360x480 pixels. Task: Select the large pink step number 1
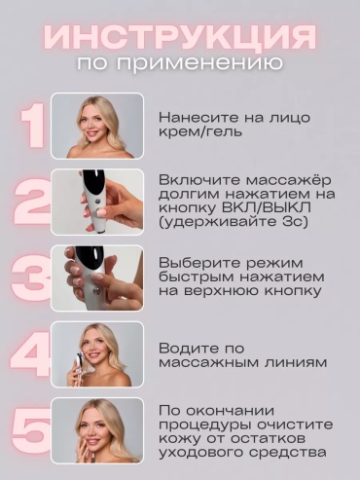[33, 126]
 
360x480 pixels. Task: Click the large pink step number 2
[32, 202]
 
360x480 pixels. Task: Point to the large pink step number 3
[31, 278]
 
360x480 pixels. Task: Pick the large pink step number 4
[31, 354]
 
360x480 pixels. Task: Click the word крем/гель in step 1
[200, 132]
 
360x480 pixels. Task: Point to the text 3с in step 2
[291, 222]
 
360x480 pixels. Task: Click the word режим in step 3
[273, 264]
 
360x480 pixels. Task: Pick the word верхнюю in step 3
[222, 291]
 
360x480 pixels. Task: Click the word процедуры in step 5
[205, 425]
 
